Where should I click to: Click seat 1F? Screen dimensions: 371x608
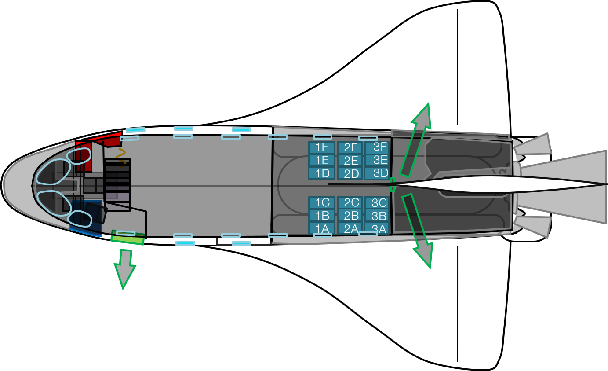(322, 147)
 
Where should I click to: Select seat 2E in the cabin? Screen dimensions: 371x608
(350, 161)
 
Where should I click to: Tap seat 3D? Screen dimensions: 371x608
(377, 173)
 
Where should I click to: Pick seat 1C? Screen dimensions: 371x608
(322, 202)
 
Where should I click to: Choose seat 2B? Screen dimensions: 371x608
(350, 216)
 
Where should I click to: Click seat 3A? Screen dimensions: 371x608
(377, 229)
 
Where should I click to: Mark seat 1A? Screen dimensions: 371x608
(322, 228)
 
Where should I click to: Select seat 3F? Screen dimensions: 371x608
(377, 147)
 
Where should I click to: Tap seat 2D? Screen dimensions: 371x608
(350, 173)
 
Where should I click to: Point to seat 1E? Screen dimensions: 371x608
(322, 160)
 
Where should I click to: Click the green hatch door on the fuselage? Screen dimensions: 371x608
(127, 238)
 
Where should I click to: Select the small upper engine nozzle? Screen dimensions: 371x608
(534, 145)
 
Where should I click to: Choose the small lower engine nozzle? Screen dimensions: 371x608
(534, 225)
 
